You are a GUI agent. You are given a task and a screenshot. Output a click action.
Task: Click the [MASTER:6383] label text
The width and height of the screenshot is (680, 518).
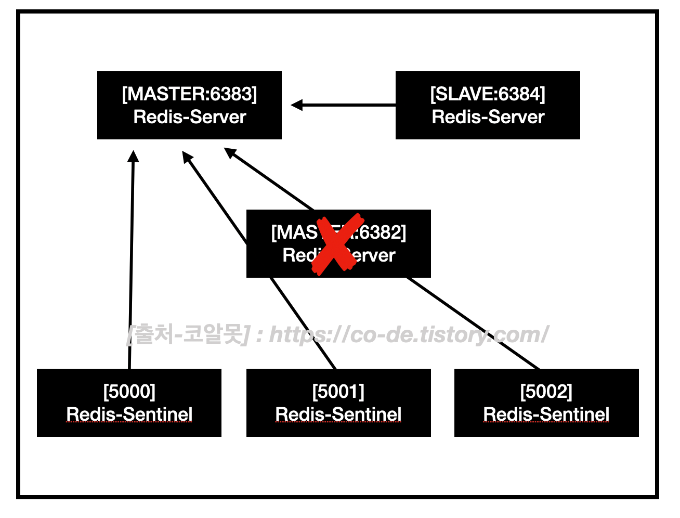(189, 94)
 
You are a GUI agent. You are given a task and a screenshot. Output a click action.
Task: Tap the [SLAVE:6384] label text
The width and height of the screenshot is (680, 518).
(488, 94)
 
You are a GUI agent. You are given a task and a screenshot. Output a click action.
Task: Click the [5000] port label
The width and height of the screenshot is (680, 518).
(129, 391)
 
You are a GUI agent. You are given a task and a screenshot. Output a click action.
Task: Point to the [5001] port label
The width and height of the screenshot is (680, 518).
(338, 391)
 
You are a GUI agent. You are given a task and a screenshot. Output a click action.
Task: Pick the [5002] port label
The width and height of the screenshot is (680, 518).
(546, 391)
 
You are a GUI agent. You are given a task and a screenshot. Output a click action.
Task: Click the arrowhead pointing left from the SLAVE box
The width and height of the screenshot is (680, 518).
(297, 105)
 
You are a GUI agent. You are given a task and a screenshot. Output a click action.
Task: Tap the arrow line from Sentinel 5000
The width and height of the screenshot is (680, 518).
(132, 260)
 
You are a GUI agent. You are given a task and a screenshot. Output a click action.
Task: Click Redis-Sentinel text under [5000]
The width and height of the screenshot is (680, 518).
(129, 414)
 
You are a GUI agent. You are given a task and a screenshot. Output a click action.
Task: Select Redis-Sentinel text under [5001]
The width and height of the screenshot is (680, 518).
(338, 414)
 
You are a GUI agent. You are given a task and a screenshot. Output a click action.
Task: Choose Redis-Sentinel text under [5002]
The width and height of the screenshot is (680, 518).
(546, 414)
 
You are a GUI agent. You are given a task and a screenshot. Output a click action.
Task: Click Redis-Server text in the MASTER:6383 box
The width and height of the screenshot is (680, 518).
(189, 117)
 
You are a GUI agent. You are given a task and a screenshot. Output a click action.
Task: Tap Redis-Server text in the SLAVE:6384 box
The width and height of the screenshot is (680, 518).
(488, 117)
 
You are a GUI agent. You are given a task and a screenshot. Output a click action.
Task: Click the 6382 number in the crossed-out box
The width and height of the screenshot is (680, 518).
(381, 232)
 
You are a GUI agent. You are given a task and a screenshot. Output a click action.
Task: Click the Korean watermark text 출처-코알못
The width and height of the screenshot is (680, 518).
(190, 334)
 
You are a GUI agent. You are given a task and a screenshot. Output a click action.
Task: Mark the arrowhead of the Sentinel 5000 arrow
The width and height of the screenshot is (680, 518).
(134, 156)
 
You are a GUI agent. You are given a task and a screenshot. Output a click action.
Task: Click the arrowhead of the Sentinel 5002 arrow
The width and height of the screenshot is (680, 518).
(230, 152)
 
